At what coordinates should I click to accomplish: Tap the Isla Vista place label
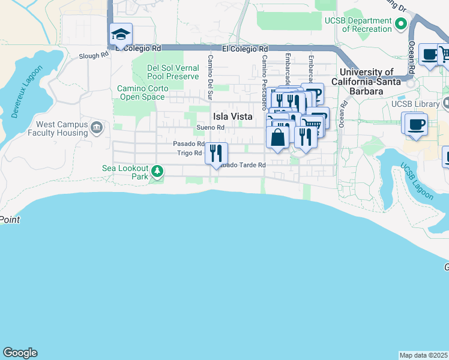click(x=232, y=116)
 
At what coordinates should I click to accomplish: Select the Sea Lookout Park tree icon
click(x=157, y=172)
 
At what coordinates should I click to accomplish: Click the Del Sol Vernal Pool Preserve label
click(x=173, y=72)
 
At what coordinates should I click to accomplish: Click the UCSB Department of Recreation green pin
click(x=401, y=24)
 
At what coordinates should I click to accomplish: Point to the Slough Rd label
click(x=94, y=55)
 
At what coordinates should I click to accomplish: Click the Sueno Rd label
click(x=211, y=127)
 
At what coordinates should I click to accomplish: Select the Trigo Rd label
click(x=190, y=153)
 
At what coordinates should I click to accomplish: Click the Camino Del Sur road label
click(x=211, y=77)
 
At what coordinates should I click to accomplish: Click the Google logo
click(x=20, y=353)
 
